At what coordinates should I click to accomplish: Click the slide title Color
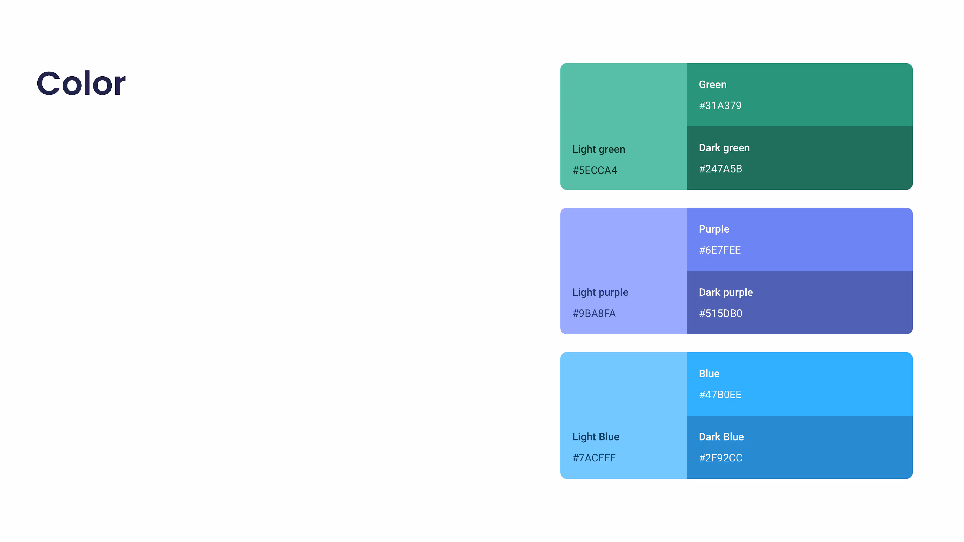[81, 83]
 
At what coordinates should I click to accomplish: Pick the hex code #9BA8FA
[594, 314]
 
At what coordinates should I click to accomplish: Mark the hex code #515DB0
[720, 314]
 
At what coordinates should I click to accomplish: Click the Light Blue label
[596, 437]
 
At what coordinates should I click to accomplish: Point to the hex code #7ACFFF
[594, 458]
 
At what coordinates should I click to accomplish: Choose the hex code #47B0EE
[720, 395]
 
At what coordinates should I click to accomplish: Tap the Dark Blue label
[721, 437]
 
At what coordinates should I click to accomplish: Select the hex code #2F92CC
[720, 458]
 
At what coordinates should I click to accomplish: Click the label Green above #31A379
[712, 84]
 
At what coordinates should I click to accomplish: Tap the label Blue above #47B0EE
[709, 374]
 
